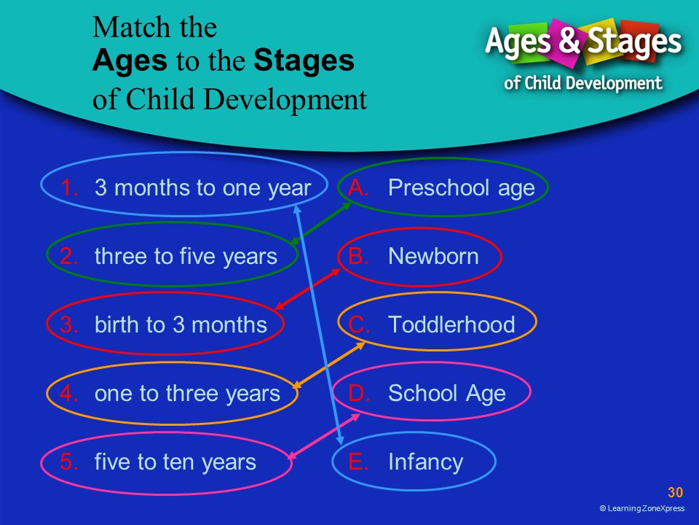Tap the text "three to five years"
pyautogui.click(x=186, y=257)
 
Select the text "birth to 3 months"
pyautogui.click(x=181, y=324)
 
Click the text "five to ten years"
pyautogui.click(x=175, y=462)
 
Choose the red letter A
pyautogui.click(x=358, y=188)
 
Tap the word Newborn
pyautogui.click(x=433, y=256)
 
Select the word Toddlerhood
pyautogui.click(x=451, y=324)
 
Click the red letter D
pyautogui.click(x=359, y=393)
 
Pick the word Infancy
pyautogui.click(x=426, y=462)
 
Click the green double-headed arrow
pyautogui.click(x=321, y=224)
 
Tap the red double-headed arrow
pyautogui.click(x=307, y=289)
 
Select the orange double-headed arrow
pyautogui.click(x=328, y=365)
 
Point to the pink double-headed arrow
pyautogui.click(x=323, y=436)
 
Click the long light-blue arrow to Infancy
pyautogui.click(x=319, y=324)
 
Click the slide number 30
pyautogui.click(x=675, y=492)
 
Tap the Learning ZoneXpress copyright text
pyautogui.click(x=642, y=508)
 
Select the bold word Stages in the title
pyautogui.click(x=304, y=61)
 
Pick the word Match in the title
pyautogui.click(x=132, y=27)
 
